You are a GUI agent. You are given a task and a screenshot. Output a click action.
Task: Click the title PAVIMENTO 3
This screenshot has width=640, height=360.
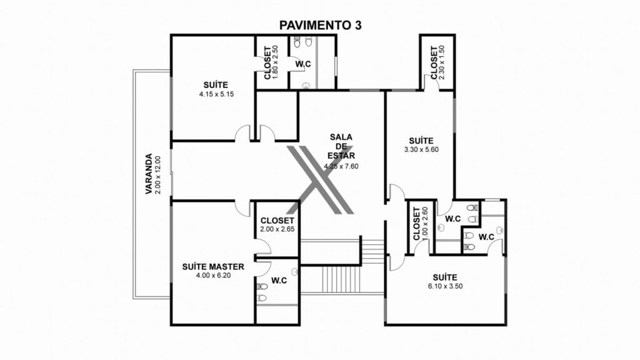[320, 25]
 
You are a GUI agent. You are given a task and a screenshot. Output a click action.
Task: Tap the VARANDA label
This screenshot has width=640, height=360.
[149, 174]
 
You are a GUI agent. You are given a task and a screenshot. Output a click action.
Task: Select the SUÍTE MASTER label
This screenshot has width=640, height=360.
[213, 266]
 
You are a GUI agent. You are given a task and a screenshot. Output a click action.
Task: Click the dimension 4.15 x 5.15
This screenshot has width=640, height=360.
[216, 94]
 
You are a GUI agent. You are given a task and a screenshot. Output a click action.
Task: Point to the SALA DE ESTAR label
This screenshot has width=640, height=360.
[341, 146]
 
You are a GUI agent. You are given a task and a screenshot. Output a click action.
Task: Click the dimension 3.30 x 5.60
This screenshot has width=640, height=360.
[421, 150]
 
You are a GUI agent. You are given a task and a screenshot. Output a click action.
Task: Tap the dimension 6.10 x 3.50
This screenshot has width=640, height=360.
[445, 286]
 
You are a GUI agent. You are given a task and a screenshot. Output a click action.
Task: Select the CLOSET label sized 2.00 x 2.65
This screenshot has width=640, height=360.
[277, 221]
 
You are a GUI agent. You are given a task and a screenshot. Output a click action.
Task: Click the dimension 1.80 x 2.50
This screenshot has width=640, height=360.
[275, 62]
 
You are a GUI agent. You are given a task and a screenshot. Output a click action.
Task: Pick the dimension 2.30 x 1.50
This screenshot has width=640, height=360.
[442, 62]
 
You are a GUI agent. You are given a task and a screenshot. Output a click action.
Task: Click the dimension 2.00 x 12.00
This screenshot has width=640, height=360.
[158, 175]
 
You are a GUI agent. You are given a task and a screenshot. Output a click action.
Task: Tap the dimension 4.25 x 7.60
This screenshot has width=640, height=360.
[341, 166]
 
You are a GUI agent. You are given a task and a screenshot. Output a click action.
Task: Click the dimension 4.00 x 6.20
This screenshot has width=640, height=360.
[214, 276]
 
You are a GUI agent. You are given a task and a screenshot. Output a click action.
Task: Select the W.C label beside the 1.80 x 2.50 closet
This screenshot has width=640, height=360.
[303, 64]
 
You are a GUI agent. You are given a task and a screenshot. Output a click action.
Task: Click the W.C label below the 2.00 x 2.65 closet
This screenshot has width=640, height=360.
[279, 281]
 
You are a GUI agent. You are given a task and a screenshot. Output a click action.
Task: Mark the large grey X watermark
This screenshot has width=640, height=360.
[320, 180]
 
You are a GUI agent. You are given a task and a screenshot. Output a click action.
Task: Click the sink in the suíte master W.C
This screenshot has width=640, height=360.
[295, 271]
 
